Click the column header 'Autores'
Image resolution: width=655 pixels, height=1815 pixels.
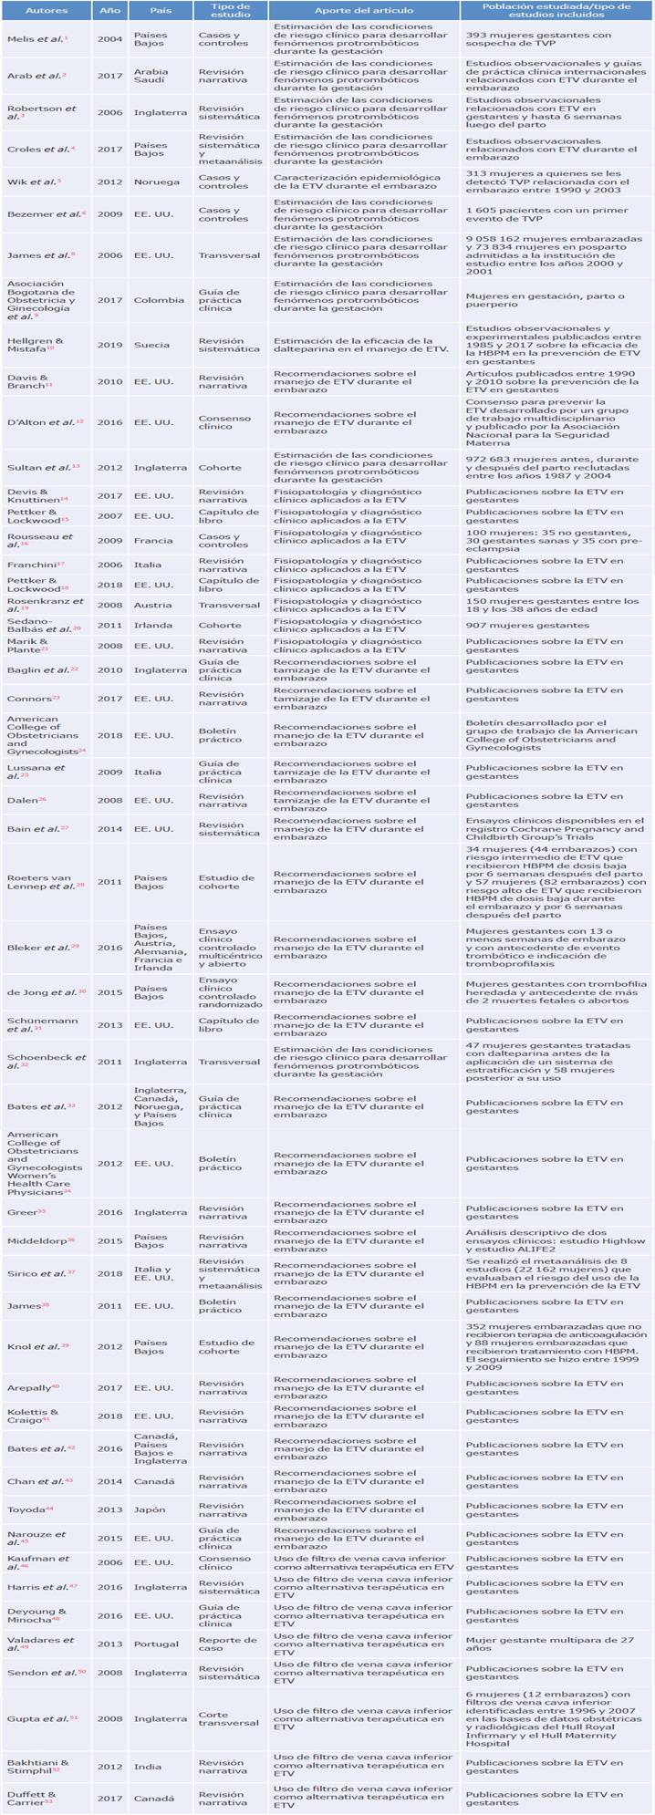[47, 11]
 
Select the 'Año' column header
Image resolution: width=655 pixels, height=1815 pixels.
[109, 11]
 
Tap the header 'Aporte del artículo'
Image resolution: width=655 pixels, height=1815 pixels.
[363, 11]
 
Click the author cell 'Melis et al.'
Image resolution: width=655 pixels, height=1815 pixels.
[37, 39]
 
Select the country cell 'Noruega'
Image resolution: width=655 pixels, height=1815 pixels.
[157, 181]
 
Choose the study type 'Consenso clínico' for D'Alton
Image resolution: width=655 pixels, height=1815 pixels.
[223, 422]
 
